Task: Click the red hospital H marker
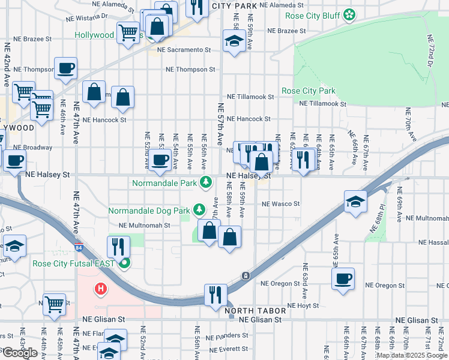101,289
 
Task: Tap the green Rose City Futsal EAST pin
125,263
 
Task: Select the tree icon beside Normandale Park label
206,181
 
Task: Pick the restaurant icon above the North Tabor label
214,295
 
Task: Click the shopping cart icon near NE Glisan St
54,304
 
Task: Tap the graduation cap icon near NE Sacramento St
233,41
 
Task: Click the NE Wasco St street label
280,204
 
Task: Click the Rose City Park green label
309,91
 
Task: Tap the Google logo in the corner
19,353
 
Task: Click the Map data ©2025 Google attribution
412,355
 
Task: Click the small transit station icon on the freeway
245,276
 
